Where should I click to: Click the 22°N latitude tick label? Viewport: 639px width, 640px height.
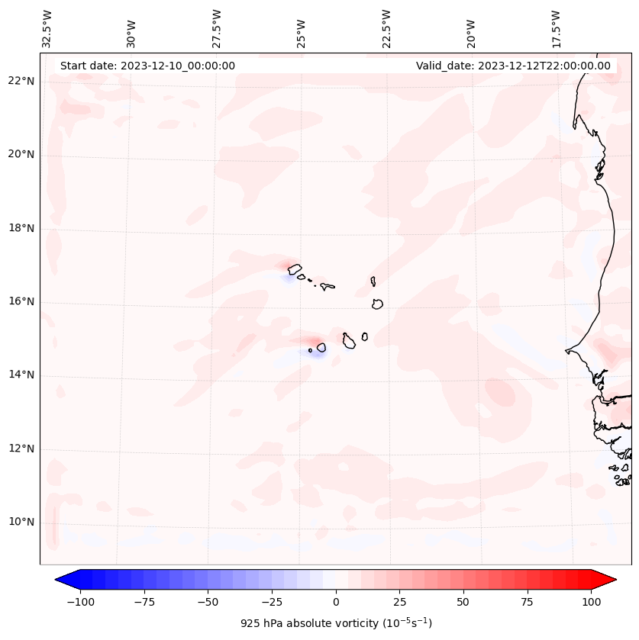pos(21,81)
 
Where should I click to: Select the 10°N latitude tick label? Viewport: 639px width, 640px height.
pos(21,523)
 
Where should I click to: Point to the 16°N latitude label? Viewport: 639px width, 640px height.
pos(21,301)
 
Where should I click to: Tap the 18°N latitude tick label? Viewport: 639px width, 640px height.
pos(21,228)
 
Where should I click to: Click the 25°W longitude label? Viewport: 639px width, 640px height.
pos(302,29)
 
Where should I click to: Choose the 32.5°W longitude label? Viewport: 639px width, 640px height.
pos(48,29)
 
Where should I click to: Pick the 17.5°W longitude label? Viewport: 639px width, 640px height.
pos(556,29)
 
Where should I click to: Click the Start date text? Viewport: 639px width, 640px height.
pos(147,66)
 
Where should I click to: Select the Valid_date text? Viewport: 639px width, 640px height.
pos(513,66)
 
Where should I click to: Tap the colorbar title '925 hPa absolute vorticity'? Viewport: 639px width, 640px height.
pos(336,623)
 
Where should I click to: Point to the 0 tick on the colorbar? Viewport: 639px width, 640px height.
pos(336,602)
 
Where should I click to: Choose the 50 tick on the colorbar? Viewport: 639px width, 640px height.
pos(463,602)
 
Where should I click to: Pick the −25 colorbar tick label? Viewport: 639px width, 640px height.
pos(272,602)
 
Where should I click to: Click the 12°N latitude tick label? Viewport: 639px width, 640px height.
pos(21,449)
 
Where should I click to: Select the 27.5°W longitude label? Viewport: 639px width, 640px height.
pos(218,29)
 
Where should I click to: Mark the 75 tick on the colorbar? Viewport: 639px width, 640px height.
pos(527,602)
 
